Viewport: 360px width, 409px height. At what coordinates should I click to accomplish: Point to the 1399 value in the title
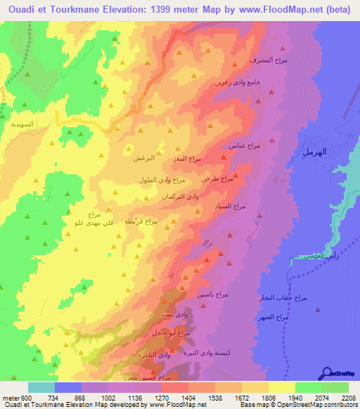point(163,9)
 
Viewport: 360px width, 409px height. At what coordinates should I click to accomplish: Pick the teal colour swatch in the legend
point(41,387)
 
